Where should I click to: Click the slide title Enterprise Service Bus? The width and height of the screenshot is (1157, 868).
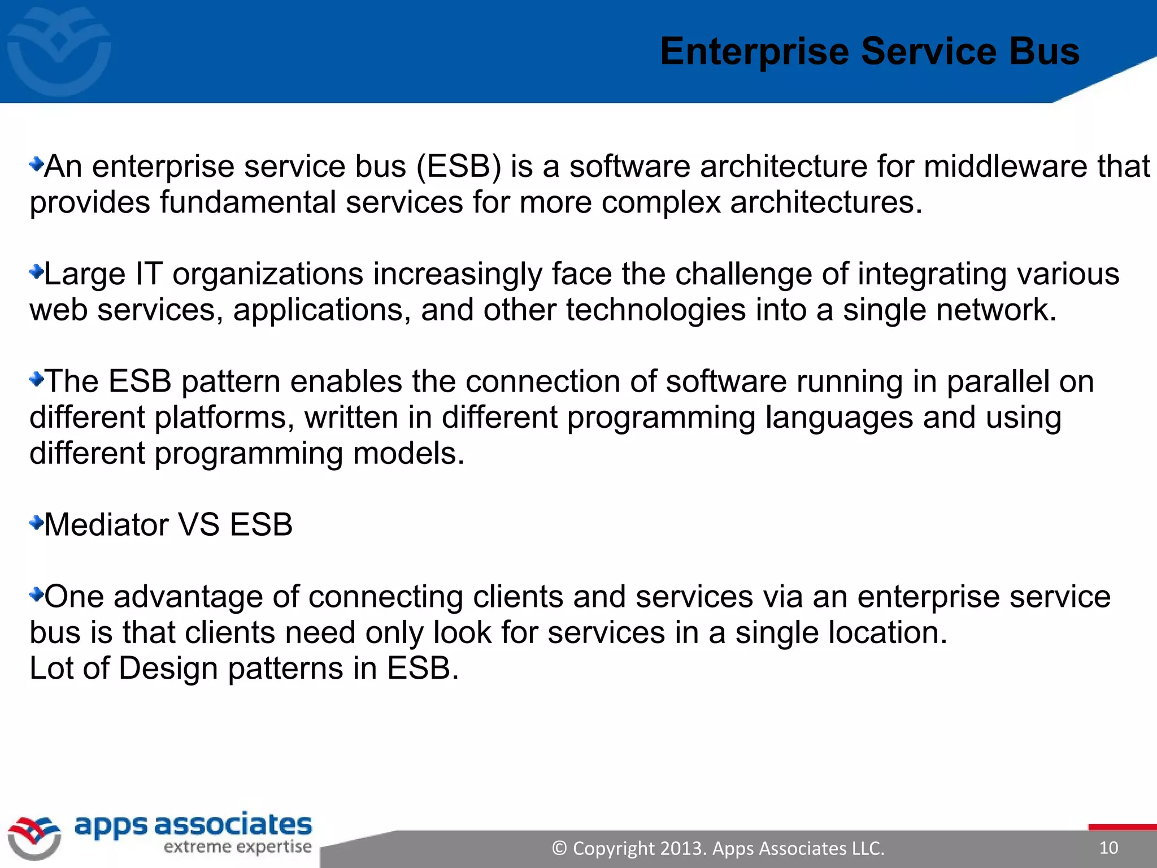pos(869,51)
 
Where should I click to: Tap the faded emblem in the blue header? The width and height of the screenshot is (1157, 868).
pos(59,52)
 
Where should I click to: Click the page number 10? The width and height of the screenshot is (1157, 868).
pos(1108,848)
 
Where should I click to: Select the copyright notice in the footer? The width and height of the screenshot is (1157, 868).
pos(717,848)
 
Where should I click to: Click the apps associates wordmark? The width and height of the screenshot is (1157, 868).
pos(193,826)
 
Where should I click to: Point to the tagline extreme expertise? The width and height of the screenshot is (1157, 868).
pos(237,847)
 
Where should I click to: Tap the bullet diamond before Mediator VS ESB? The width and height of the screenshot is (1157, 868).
pos(36,523)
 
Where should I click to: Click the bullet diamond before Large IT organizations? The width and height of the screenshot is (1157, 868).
pos(36,272)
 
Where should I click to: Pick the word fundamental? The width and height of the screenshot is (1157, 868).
pos(247,202)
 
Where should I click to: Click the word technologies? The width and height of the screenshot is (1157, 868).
pos(656,310)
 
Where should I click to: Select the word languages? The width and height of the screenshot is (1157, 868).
pos(839,419)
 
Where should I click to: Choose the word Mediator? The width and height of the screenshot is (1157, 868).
pos(106,525)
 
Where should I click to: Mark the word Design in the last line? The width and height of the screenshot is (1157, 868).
pos(168,669)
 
